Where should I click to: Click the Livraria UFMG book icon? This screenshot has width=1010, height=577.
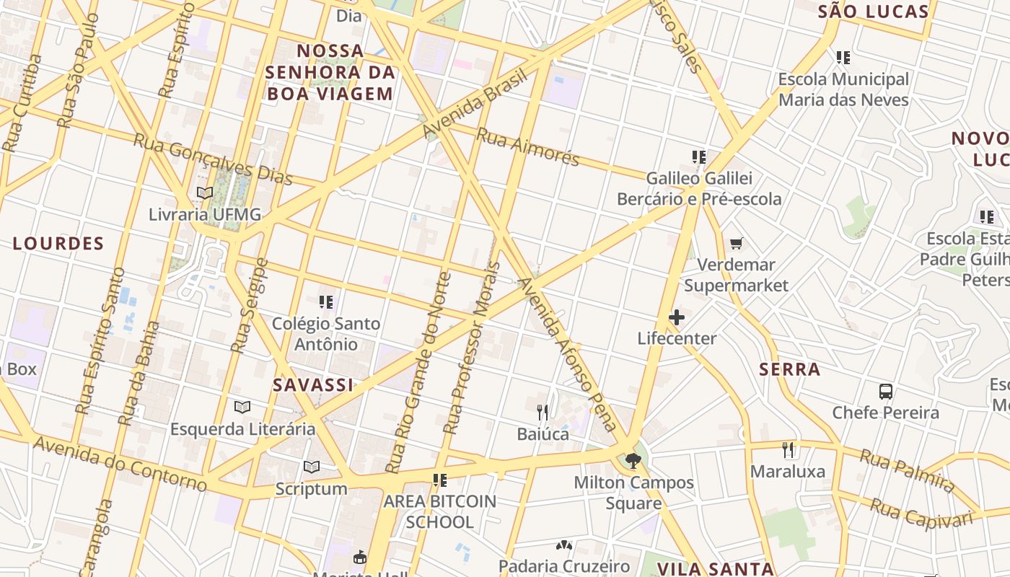click(205, 193)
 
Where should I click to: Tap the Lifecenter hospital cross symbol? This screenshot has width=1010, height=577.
click(677, 317)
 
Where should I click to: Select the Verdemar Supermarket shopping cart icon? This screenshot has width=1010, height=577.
click(736, 244)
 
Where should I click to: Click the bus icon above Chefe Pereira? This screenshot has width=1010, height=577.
click(886, 392)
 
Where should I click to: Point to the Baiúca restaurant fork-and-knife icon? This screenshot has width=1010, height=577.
click(543, 413)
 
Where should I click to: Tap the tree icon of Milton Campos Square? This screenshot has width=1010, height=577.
click(633, 460)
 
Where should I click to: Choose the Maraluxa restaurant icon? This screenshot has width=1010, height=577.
click(788, 450)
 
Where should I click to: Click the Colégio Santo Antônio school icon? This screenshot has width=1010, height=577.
click(326, 302)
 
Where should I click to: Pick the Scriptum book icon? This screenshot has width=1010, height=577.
click(311, 467)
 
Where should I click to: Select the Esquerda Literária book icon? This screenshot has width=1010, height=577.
click(242, 408)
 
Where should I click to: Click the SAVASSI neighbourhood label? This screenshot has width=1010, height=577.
click(313, 385)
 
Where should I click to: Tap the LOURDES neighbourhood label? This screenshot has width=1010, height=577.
click(58, 244)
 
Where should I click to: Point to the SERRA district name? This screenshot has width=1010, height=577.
click(790, 370)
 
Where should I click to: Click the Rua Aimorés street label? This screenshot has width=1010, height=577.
click(528, 147)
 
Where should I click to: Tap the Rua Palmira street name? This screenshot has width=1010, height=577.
click(907, 470)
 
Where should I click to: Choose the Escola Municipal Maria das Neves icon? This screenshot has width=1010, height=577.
click(843, 58)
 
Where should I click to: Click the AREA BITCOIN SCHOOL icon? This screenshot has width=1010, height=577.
click(439, 480)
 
